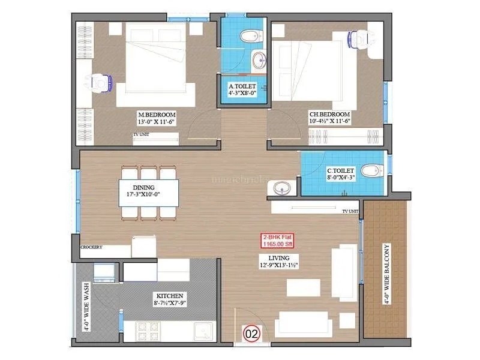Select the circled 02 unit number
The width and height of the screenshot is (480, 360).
pos(250,331)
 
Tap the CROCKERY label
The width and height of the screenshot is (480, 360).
pos(91,247)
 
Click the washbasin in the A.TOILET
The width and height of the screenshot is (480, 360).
pos(259,61)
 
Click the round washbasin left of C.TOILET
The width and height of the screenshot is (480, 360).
pos(281,188)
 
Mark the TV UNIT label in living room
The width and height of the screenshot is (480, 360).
pos(350,211)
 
